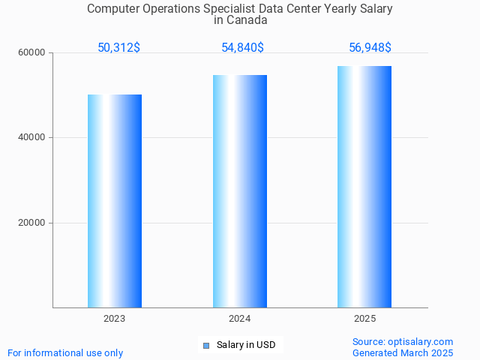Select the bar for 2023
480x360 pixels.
coord(115,201)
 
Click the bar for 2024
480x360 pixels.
coord(240,191)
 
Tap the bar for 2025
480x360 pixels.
coord(364,187)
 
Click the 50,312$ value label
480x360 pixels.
coord(118,48)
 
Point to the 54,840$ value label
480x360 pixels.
coord(242,48)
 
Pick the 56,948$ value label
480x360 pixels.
coord(370,48)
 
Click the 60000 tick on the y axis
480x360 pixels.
coord(32,53)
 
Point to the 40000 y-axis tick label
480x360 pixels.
coord(32,138)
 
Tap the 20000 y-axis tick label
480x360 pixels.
coord(32,223)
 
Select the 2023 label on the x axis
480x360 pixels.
coord(115,319)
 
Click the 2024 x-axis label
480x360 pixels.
coord(240,319)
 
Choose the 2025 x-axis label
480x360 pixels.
coord(364,319)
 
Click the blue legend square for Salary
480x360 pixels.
coord(206,346)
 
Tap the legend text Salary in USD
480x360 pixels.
coord(246,346)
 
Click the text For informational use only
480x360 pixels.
coord(65,353)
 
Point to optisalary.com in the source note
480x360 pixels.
coord(421,342)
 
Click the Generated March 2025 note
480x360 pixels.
coord(403,353)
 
